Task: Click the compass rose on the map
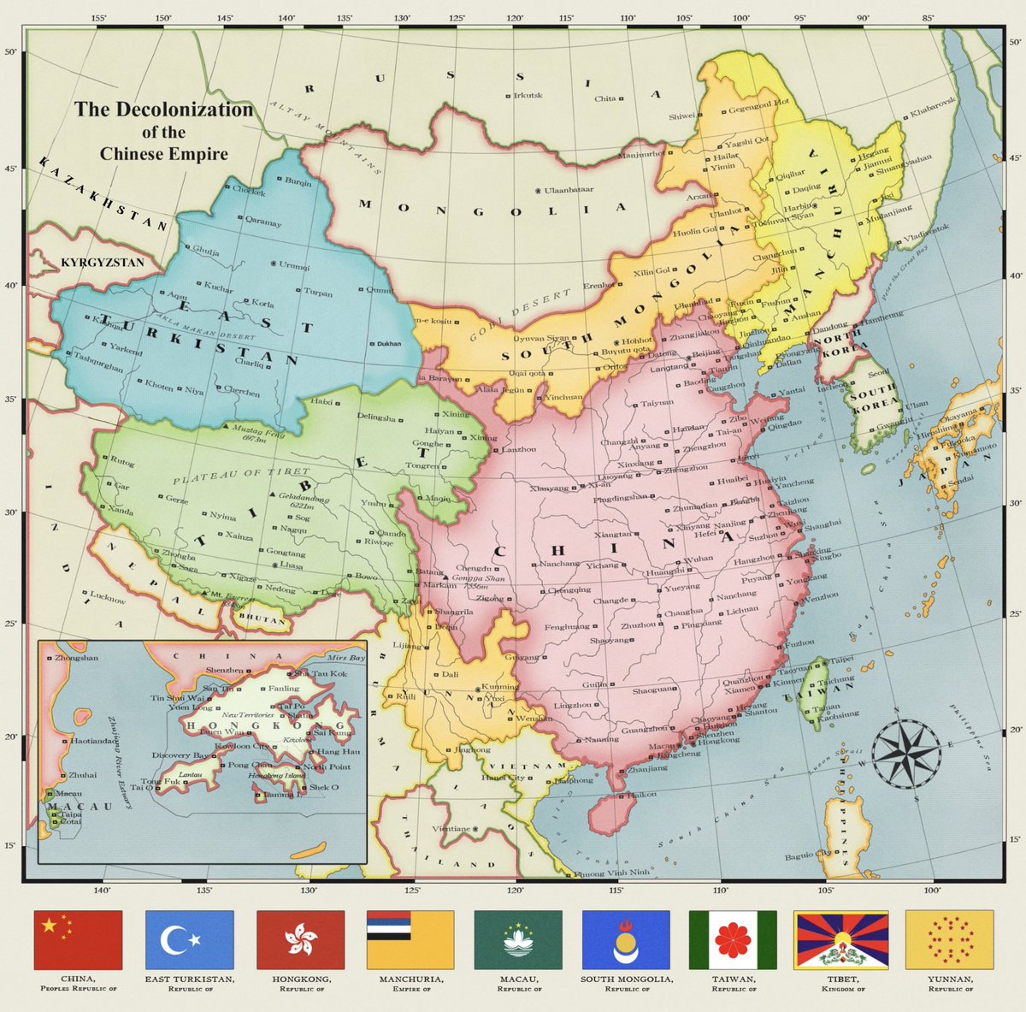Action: pos(905,752)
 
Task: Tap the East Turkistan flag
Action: pos(190,939)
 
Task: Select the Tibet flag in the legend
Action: pos(841,939)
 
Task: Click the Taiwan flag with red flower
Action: pos(733,939)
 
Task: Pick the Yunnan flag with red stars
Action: pos(949,939)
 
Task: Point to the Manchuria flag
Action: pos(410,939)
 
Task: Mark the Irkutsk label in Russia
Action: pos(528,95)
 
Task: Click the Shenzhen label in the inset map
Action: pos(225,669)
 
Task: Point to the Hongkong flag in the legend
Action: pos(301,939)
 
